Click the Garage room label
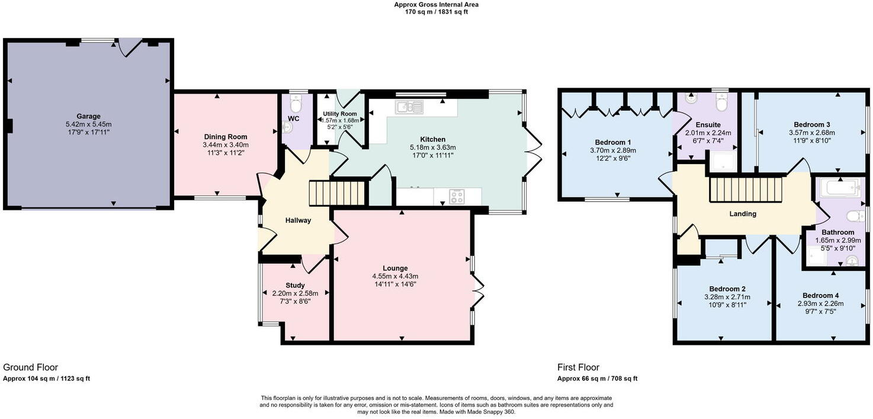pos(88,116)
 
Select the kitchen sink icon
pos(410,107)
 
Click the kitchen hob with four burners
pos(457,196)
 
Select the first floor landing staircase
pos(746,190)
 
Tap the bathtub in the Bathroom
pos(838,189)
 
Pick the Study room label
pos(295,285)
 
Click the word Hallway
pos(298,220)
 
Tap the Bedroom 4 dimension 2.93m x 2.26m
pos(820,304)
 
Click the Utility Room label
pos(340,114)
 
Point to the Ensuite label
pos(708,125)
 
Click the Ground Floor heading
pos(31,367)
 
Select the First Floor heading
pos(578,367)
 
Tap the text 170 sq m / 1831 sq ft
pos(436,12)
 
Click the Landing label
pos(743,214)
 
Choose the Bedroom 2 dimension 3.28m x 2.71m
pos(727,298)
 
